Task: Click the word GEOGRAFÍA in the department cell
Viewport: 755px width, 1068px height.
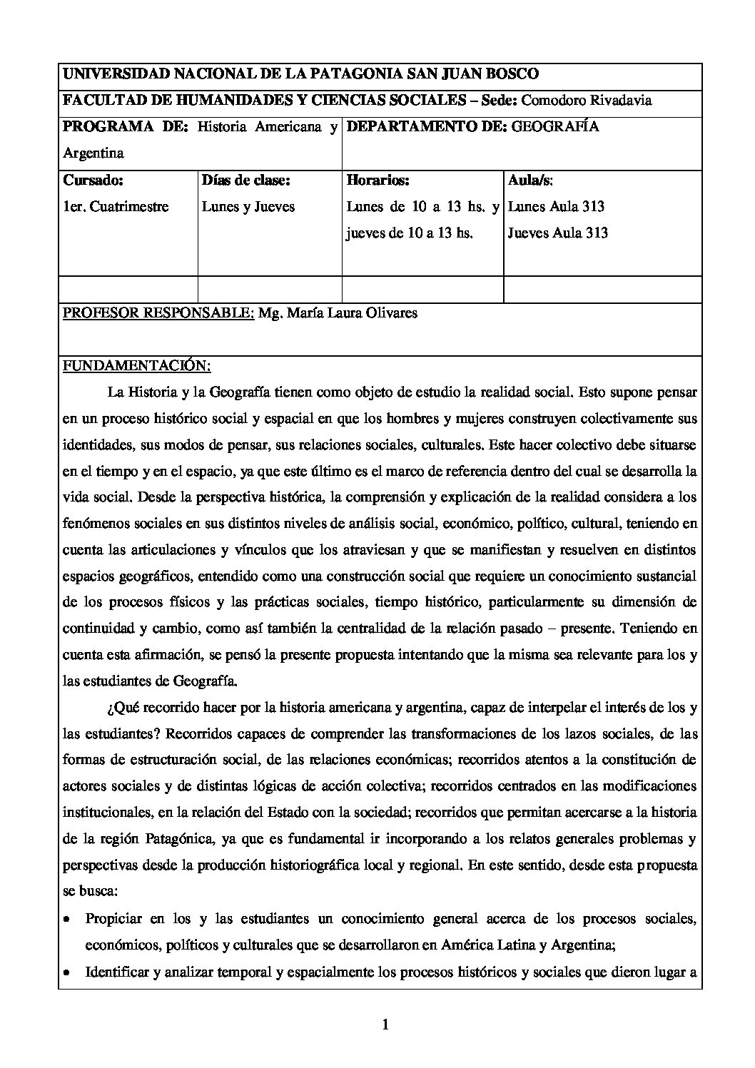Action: tap(556, 127)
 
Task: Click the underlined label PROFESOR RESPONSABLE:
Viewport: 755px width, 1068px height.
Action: tap(158, 313)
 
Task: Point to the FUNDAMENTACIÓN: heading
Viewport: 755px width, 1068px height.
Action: tap(137, 366)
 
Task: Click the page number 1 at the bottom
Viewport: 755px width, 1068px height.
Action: tap(385, 1027)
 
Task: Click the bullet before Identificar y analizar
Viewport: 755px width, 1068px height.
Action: tap(67, 973)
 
